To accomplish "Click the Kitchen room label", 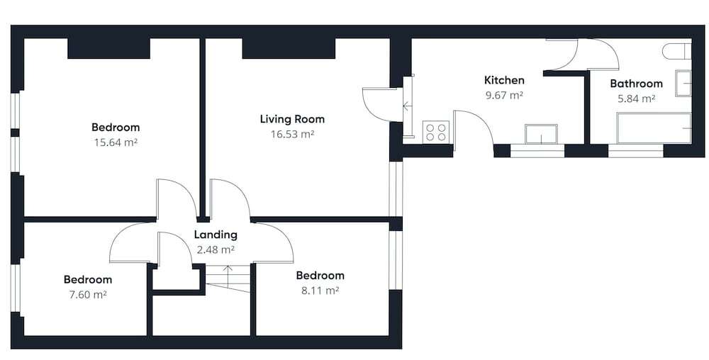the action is coord(504,80).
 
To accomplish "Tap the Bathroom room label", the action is coord(636,84).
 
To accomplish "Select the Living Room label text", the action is coord(292,119).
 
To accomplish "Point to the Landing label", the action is coord(216,235).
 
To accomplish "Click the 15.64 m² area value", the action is coord(116,142).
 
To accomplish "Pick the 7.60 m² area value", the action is coord(88,295).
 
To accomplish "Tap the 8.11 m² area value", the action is coord(320,291).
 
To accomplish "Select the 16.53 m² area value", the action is coord(292,134).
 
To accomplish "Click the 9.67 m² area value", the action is coord(503,95).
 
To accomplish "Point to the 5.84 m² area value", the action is coord(636,99).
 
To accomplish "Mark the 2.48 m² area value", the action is coord(216,249).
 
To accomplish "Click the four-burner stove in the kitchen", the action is coord(436,132).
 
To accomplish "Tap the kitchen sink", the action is coord(541,134).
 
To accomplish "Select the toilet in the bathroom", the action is coord(677,51).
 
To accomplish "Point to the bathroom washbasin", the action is coord(683,83).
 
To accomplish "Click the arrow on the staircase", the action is coord(228,276).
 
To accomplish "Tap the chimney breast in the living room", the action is coord(289,48).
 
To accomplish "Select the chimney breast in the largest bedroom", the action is coord(109,48).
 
